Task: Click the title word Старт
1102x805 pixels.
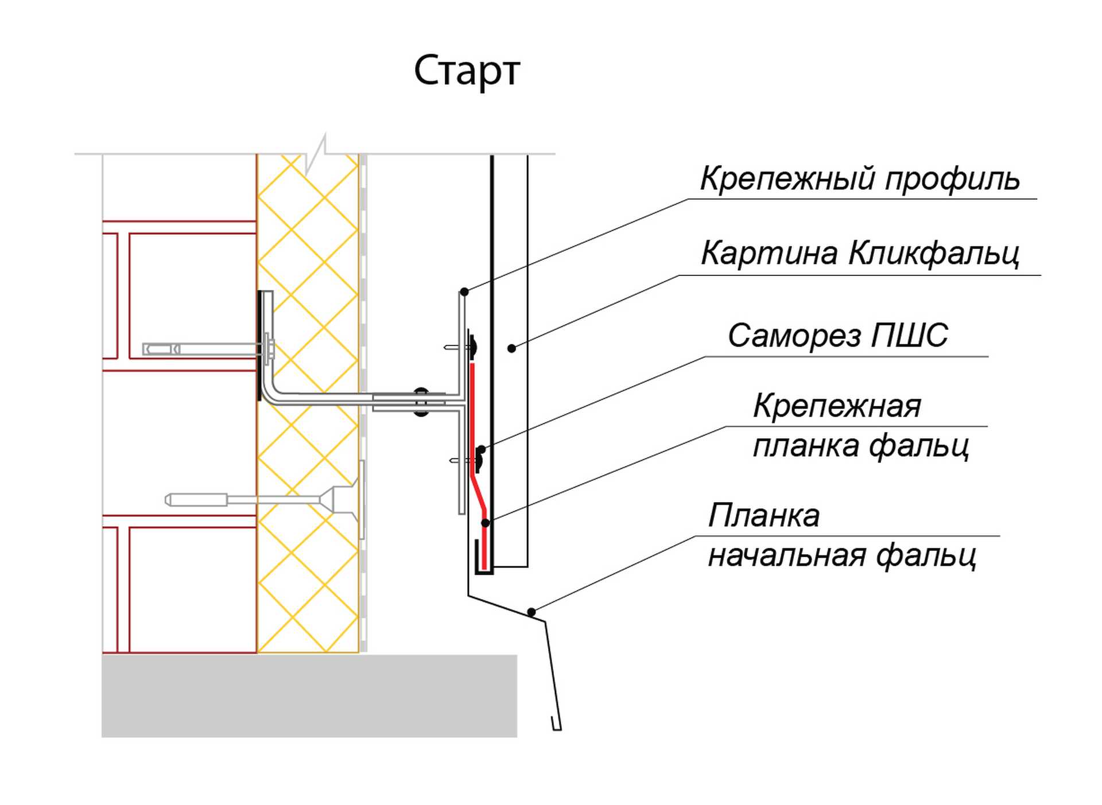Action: tap(467, 71)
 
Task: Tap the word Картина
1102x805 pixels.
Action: tap(769, 253)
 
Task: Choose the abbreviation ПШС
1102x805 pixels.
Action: tap(909, 335)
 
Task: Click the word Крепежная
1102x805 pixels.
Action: tap(837, 406)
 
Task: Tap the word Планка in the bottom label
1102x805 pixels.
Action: tap(763, 515)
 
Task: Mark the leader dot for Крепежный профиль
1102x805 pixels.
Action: tap(464, 292)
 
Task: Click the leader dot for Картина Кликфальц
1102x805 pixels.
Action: tap(511, 348)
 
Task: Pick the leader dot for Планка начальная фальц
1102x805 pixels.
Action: tap(531, 612)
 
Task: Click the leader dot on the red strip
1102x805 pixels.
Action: tap(486, 523)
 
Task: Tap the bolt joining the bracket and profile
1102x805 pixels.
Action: tap(421, 402)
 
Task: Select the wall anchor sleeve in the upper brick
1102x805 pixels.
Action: tap(162, 349)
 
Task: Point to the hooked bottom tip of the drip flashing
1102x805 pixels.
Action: tap(556, 726)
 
